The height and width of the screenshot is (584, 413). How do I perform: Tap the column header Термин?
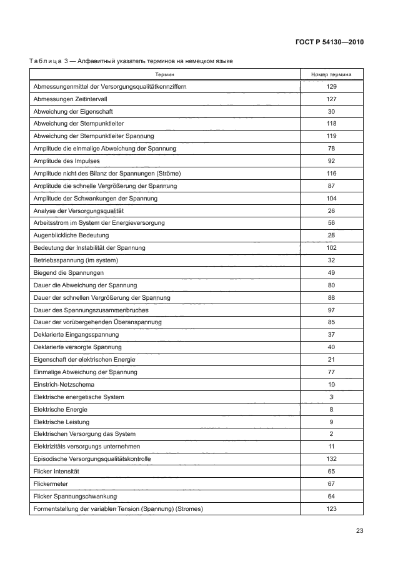[165, 74]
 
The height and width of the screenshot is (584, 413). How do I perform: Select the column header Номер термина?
[331, 74]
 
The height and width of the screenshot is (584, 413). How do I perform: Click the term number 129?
[331, 86]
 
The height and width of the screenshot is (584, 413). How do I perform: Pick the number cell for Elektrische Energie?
[331, 409]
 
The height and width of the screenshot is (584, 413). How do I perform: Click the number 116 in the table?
[331, 173]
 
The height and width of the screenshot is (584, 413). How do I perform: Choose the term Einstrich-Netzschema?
[63, 384]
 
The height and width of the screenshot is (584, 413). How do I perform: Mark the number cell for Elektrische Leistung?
[331, 422]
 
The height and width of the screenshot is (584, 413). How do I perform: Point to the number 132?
[331, 458]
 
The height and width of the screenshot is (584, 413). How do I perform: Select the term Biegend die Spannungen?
[68, 272]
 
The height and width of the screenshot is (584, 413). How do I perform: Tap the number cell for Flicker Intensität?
[331, 471]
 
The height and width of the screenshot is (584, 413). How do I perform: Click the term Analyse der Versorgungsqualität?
[77, 210]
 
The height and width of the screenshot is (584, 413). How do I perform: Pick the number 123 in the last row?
[331, 508]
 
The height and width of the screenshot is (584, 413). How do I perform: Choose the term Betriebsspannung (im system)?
[75, 260]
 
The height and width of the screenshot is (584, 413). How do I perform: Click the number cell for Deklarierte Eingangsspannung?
[331, 335]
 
